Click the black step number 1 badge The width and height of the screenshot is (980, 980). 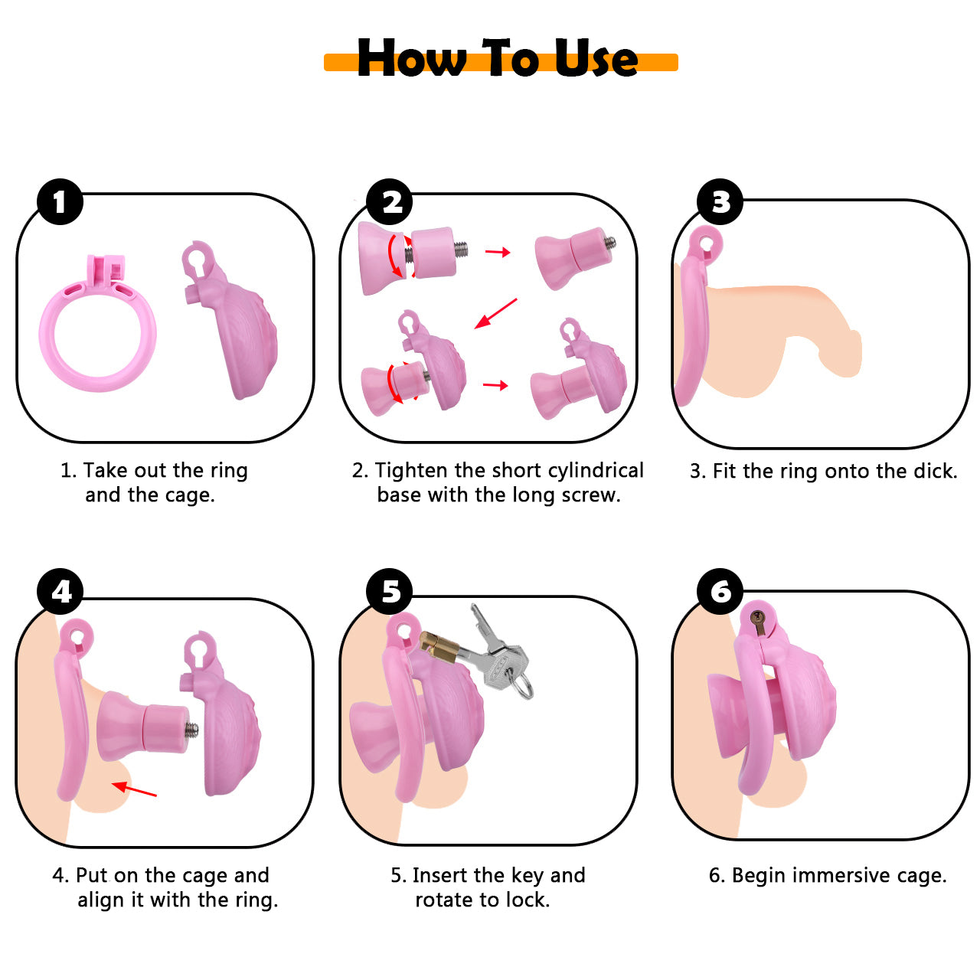(x=60, y=201)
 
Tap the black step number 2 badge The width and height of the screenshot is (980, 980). (x=389, y=201)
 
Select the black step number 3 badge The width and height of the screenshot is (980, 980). (x=720, y=201)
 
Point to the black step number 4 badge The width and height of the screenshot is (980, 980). (x=60, y=591)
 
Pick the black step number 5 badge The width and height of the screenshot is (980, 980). (x=389, y=591)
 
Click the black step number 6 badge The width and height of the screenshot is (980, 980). (x=720, y=591)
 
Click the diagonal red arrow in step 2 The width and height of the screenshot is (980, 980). (x=495, y=313)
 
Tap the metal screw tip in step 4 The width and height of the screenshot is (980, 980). (x=192, y=730)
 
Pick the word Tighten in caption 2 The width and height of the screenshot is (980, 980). (x=412, y=471)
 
